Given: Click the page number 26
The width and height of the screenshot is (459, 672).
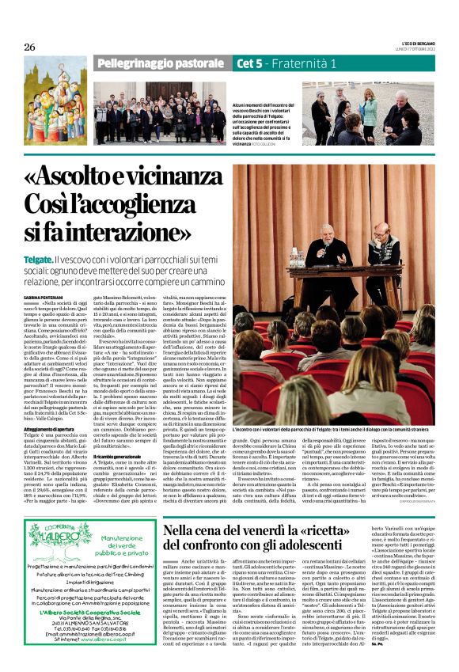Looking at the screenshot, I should pyautogui.click(x=30, y=47).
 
